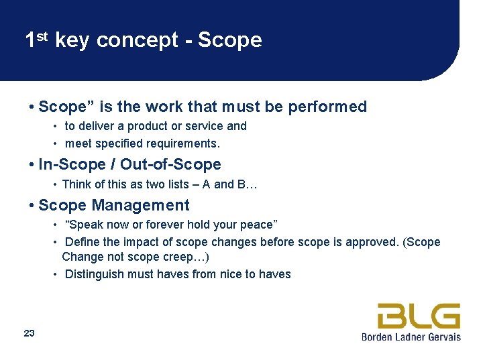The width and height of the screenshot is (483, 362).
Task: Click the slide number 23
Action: [x=29, y=333]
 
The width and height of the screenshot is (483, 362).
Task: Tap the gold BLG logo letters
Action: [x=419, y=316]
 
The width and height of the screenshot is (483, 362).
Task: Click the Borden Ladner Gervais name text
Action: [x=411, y=337]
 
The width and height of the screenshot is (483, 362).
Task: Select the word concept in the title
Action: [x=137, y=41]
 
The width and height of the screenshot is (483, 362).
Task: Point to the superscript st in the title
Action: [x=42, y=36]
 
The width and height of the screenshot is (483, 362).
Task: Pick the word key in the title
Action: [x=72, y=41]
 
